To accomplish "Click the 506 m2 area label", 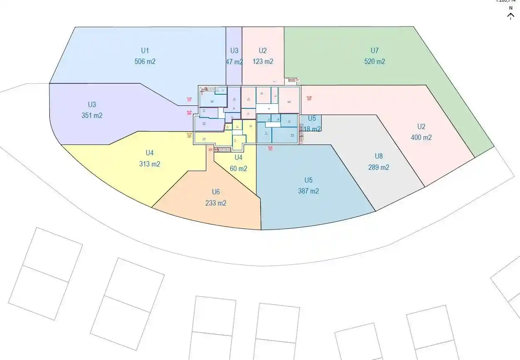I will [x=145, y=61].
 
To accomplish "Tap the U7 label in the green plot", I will [x=374, y=51].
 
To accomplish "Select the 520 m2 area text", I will [x=374, y=61].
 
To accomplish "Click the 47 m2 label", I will [x=234, y=62].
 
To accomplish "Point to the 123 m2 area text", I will [x=263, y=61].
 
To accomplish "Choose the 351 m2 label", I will [x=92, y=115].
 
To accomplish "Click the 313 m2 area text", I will [x=149, y=164].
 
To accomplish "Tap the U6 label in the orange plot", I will [x=216, y=192].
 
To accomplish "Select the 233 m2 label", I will [x=216, y=203].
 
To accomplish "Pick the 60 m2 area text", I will [x=238, y=169].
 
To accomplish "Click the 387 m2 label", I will [x=308, y=191].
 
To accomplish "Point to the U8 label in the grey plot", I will [x=378, y=157].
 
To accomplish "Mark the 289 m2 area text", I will [x=378, y=167].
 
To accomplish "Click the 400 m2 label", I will [x=421, y=137].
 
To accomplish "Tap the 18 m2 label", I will [x=312, y=129].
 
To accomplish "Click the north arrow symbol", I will [x=511, y=16].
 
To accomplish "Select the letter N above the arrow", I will [x=511, y=8].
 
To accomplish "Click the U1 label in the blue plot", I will [x=145, y=51].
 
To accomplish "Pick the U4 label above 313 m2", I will [x=149, y=153].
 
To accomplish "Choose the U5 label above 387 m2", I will [x=308, y=180].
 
